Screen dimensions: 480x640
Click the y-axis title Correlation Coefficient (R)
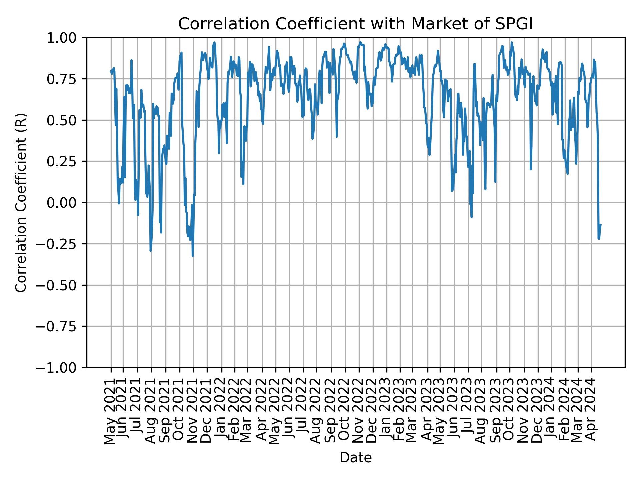[21, 203]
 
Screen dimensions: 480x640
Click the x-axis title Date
[355, 458]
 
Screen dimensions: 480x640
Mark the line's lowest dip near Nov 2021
[193, 256]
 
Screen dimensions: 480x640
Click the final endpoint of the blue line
[601, 225]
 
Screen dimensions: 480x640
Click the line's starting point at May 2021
[111, 70]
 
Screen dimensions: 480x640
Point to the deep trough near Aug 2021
[151, 250]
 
